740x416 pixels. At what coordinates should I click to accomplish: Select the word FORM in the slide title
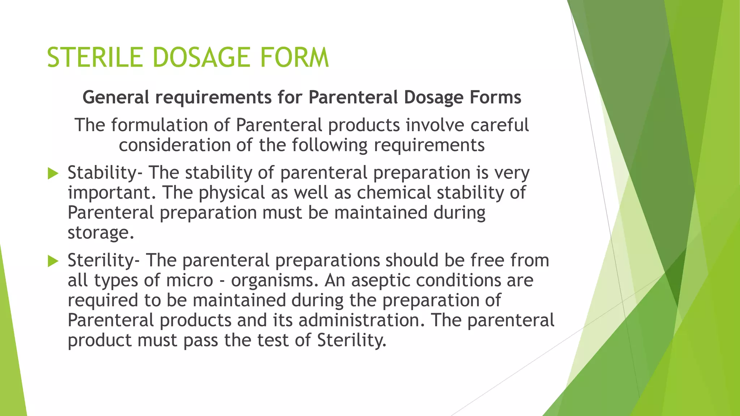294,57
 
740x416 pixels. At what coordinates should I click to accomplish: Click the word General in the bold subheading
116,97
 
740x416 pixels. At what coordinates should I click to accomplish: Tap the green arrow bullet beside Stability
53,174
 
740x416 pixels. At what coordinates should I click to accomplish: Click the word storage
98,233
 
